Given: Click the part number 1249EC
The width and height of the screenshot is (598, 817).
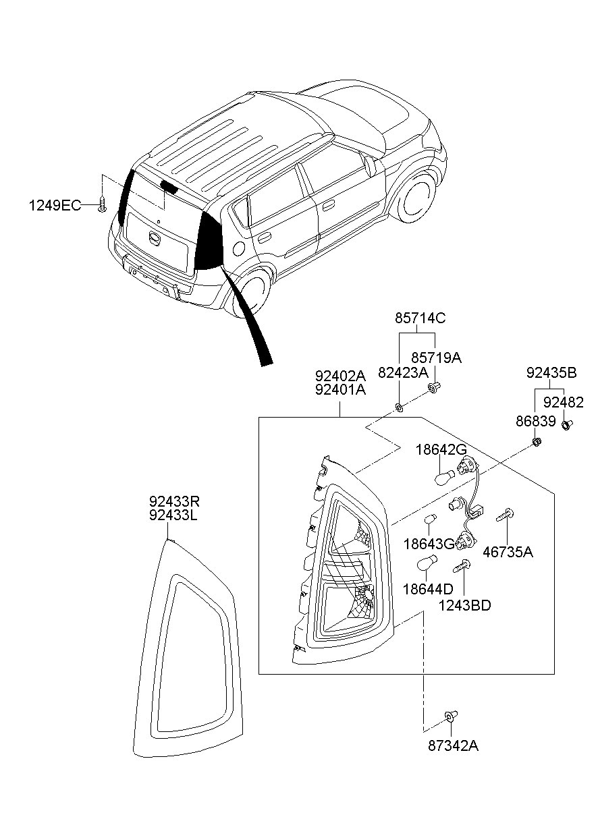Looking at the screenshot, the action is pos(55,206).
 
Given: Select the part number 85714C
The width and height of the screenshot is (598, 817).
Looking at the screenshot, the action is pos(420,319).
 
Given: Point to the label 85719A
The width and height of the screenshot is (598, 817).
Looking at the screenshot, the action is pos(437,358).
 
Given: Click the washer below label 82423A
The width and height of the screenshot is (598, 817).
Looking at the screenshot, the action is pos(399,407).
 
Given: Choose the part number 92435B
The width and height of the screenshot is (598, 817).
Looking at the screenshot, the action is pos(551,373).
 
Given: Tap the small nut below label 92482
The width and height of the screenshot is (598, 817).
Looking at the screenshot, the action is pos(567,424).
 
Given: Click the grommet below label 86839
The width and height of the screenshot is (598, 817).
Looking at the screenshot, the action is pos(537,442).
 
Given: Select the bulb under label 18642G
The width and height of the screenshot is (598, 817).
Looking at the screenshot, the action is pos(445,477).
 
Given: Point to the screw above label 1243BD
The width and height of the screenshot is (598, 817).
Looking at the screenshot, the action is pos(462,566).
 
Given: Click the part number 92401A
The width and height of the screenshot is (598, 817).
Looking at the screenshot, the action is pos(340,390).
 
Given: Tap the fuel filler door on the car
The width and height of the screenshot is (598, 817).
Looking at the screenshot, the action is pos(239,248).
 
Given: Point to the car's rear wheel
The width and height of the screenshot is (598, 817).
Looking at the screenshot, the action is pos(249,291).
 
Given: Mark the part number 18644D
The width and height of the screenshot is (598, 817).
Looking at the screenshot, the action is pos(428,589).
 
